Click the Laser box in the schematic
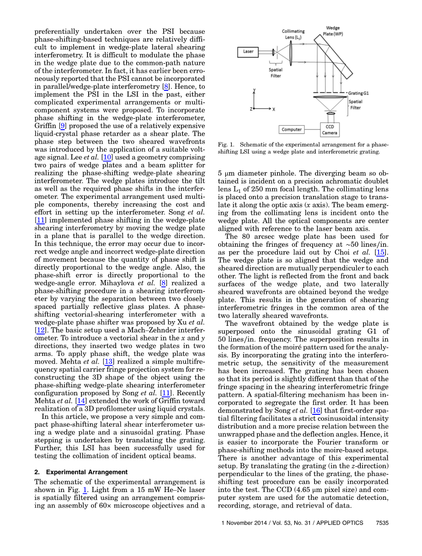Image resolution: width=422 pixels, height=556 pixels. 249,52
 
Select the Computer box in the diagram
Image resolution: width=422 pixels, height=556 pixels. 292,129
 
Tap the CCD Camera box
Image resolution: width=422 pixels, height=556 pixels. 330,129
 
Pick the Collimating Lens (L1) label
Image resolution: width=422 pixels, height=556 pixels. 293,34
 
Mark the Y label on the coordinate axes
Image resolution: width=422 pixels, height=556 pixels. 255,90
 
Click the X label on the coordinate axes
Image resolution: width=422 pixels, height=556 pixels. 273,109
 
